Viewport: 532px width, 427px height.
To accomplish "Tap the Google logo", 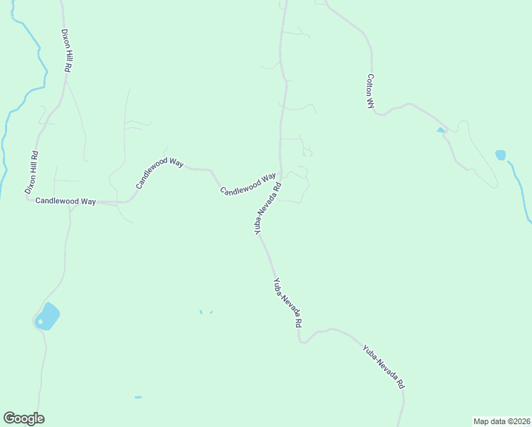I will (23, 418).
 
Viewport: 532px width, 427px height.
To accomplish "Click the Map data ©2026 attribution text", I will (501, 421).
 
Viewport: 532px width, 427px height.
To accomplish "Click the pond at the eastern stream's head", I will (501, 154).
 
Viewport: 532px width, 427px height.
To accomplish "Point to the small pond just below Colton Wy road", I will (440, 130).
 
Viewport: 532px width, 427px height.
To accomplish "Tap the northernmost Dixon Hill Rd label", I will (66, 50).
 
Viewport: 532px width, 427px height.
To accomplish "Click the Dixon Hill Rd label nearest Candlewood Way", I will (31, 173).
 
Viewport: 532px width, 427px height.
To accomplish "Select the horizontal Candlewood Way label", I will (65, 201).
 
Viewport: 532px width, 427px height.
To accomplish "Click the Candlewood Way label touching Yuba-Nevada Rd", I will (248, 185).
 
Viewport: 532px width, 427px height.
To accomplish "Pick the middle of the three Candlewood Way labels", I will (160, 172).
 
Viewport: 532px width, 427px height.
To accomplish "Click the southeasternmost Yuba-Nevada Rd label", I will (383, 366).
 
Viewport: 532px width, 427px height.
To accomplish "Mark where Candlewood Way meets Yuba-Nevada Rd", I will (280, 176).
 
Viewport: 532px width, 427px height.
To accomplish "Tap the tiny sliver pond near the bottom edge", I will (138, 397).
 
